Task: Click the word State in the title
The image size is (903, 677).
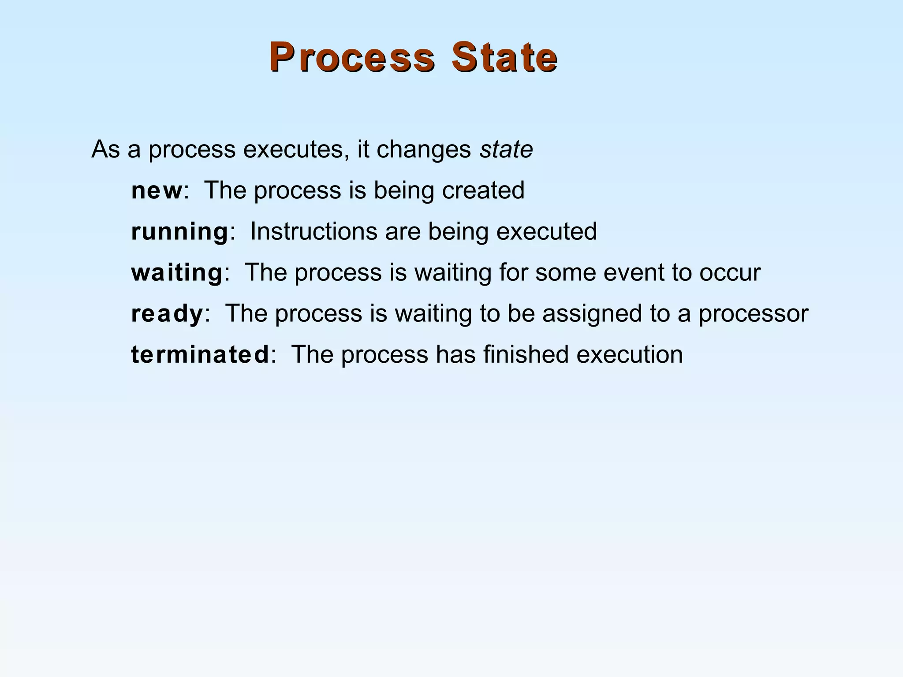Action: point(504,57)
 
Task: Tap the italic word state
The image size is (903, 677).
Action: point(506,149)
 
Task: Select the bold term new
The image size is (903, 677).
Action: point(157,190)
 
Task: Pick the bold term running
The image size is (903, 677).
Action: point(179,232)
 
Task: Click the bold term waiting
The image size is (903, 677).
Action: point(177,272)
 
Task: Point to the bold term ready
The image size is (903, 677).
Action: point(167,314)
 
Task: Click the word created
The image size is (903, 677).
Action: point(483,190)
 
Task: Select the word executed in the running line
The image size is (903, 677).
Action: point(547,231)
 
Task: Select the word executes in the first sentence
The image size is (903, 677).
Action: point(293,149)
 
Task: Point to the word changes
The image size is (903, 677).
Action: point(424,149)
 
